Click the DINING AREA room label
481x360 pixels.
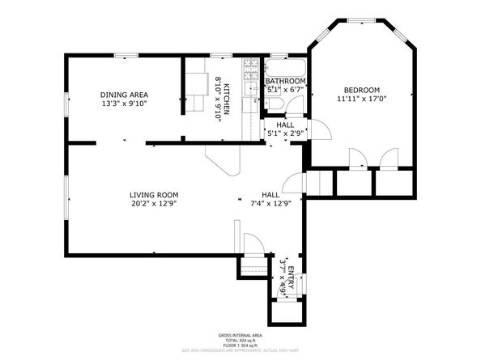click(124, 95)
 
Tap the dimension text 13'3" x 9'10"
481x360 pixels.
click(124, 104)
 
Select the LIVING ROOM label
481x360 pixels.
click(154, 195)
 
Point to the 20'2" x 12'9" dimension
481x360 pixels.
click(154, 205)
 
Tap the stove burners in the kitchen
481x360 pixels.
click(252, 67)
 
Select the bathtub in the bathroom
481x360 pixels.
click(286, 67)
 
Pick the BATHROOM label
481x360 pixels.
click(286, 82)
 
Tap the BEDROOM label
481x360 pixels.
click(361, 90)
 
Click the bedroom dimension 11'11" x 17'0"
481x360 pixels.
click(361, 100)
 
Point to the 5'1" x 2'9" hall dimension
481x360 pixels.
click(285, 133)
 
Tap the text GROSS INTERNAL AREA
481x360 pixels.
click(240, 335)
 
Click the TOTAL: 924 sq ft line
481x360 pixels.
click(240, 341)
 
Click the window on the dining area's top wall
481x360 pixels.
click(124, 56)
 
